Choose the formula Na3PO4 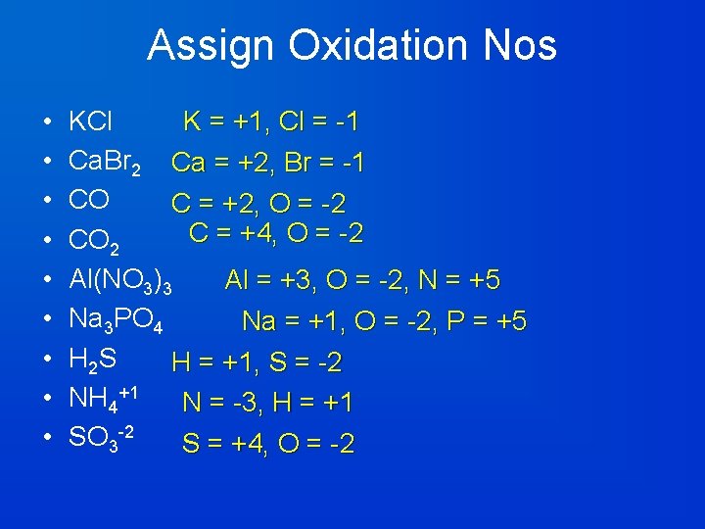[x=122, y=321]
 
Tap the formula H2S [x=93, y=361]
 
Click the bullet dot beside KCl [x=48, y=123]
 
